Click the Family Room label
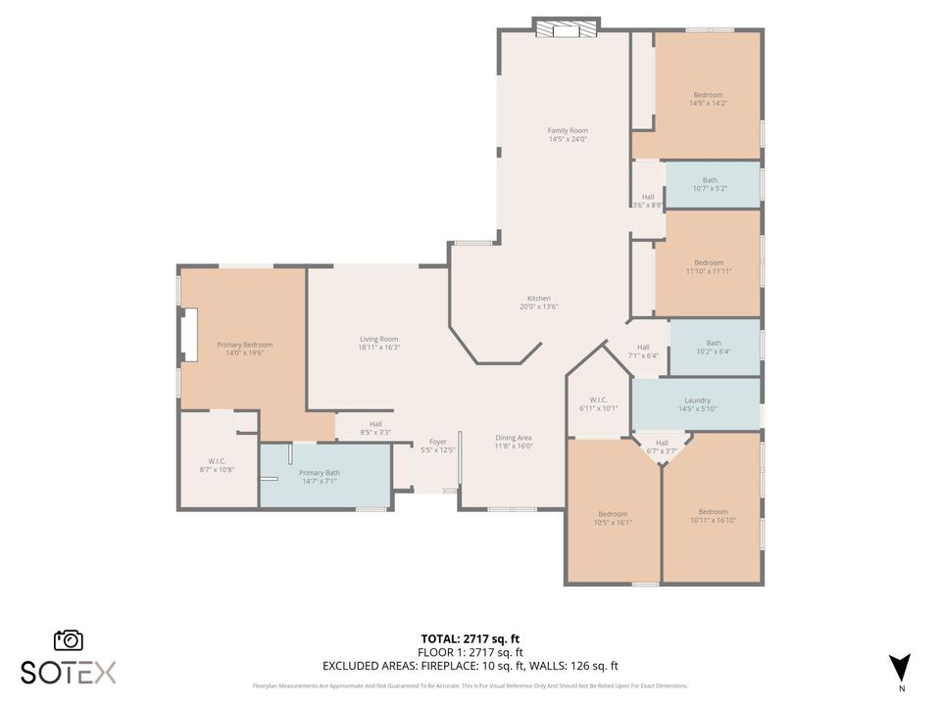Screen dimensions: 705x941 [568, 130]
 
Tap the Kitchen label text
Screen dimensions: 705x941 [539, 299]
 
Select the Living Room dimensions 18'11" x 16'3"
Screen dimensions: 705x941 [378, 348]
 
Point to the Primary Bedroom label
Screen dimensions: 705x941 [244, 345]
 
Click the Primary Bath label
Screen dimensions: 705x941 [320, 473]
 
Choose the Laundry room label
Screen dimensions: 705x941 [697, 400]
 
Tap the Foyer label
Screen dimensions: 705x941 [438, 442]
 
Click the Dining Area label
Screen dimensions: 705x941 [513, 438]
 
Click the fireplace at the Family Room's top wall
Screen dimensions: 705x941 [566, 28]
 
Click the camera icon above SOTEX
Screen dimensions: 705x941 [68, 639]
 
